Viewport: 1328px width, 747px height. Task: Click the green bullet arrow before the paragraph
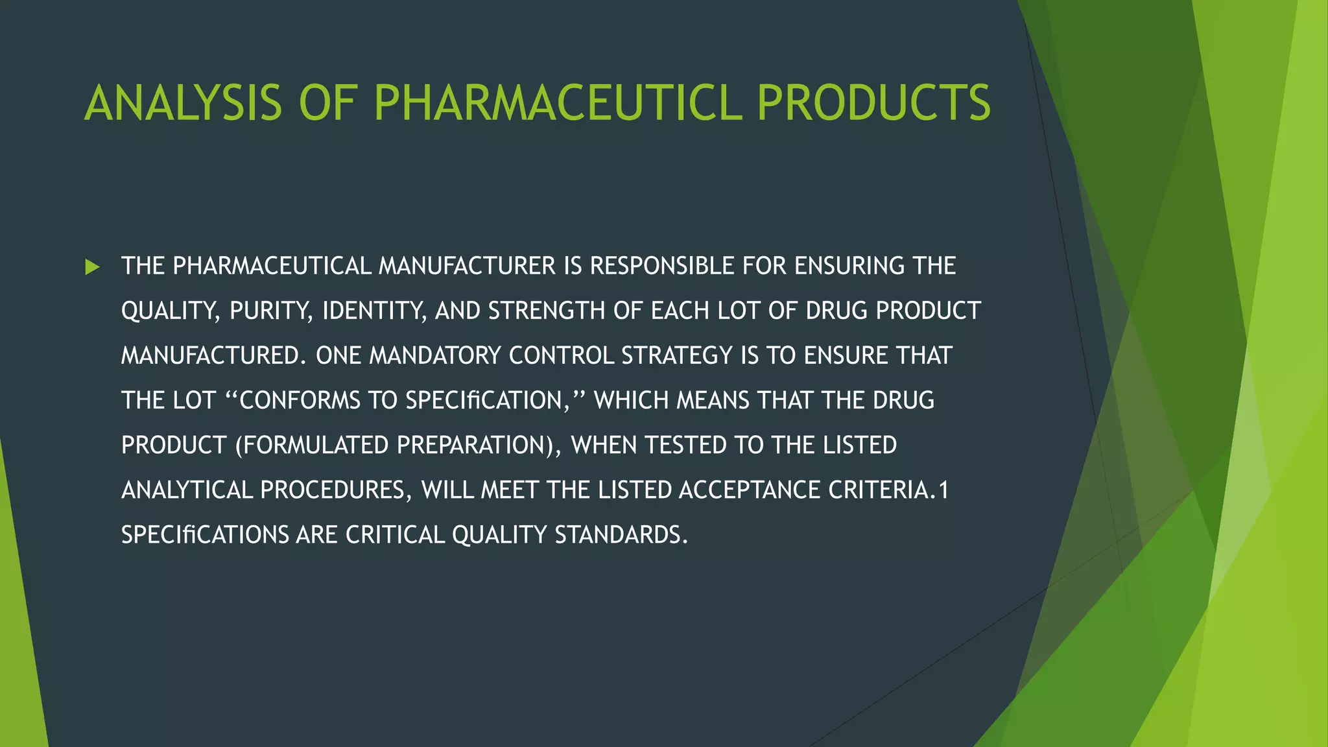pos(92,267)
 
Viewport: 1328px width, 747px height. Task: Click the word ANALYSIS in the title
pos(184,103)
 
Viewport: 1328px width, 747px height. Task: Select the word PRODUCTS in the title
pos(873,103)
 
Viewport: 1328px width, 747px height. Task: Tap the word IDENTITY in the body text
pos(374,311)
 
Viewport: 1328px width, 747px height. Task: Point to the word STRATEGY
pos(677,356)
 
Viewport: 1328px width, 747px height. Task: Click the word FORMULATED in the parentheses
pos(314,445)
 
